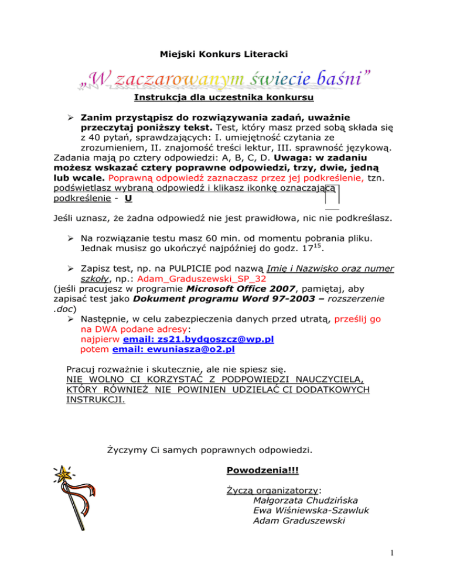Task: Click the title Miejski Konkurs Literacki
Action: coord(224,54)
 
